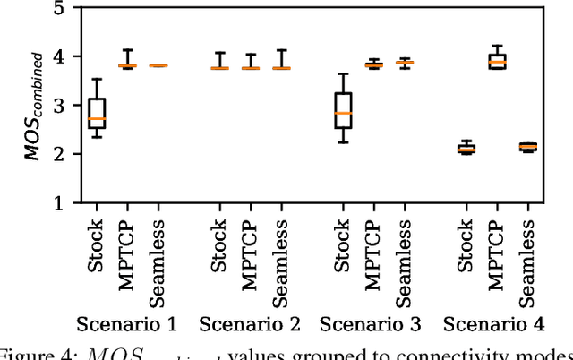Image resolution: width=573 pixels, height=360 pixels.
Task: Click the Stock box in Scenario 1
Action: pyautogui.click(x=97, y=113)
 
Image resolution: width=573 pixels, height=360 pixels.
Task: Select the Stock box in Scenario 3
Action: pyautogui.click(x=342, y=110)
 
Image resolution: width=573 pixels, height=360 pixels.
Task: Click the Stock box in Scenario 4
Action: pyautogui.click(x=466, y=149)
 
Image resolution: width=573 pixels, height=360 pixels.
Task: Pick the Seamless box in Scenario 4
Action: pyautogui.click(x=528, y=146)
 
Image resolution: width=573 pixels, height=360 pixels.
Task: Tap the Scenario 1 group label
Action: pyautogui.click(x=127, y=323)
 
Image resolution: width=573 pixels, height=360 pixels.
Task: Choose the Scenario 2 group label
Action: pyautogui.click(x=249, y=323)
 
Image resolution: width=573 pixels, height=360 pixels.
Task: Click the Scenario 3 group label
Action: pyautogui.click(x=372, y=323)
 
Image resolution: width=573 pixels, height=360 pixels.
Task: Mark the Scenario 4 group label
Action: pyautogui.click(x=495, y=323)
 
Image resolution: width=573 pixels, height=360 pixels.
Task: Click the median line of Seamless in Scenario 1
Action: pyautogui.click(x=158, y=65)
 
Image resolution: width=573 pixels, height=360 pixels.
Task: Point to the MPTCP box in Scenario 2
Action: pyautogui.click(x=250, y=68)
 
